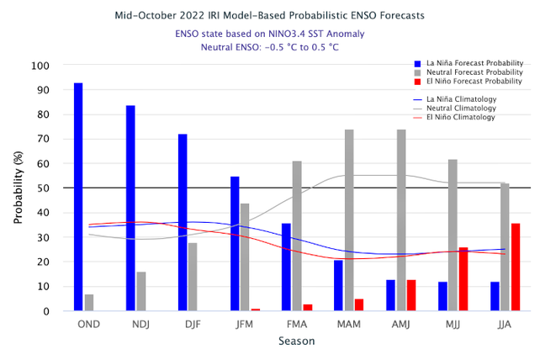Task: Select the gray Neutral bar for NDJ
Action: [x=141, y=291]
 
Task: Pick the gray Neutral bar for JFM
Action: [x=245, y=257]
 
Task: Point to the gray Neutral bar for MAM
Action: [x=349, y=220]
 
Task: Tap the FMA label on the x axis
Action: [x=297, y=324]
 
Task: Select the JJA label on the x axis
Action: [x=505, y=324]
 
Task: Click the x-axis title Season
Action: [x=297, y=341]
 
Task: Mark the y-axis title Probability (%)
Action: [x=18, y=188]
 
